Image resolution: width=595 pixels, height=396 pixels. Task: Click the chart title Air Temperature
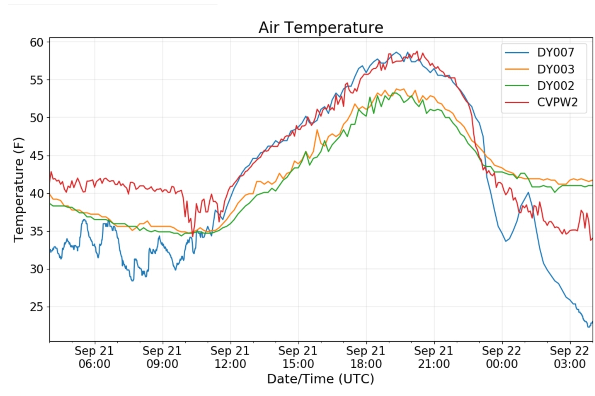pos(321,27)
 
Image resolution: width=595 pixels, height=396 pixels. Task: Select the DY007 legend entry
pos(555,53)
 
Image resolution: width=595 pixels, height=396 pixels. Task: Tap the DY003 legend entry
pos(555,69)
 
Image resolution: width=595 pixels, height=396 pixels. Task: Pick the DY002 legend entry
pos(555,86)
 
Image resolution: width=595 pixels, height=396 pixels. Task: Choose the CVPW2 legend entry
pos(557,102)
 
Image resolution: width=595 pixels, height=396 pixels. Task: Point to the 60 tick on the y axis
pos(36,42)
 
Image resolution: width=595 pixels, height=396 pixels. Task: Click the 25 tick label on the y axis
pos(36,307)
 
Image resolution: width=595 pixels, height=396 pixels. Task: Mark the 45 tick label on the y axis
pos(36,156)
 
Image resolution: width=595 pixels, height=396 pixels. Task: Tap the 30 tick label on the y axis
pos(36,269)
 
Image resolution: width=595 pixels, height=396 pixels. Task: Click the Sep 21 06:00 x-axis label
pos(94,357)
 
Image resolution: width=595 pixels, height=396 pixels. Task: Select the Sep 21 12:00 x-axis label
pos(230,357)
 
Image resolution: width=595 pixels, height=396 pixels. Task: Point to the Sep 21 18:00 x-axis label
pos(366,357)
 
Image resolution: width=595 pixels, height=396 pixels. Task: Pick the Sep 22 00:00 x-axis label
pos(501,357)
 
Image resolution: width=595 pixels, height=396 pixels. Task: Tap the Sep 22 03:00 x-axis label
pos(569,357)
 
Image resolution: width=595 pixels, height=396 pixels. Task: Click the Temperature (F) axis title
pos(19,190)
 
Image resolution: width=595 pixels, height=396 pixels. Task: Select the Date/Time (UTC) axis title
pos(320,379)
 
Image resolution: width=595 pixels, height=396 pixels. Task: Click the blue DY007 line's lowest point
pos(588,327)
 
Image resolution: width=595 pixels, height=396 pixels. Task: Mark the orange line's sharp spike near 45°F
pos(317,130)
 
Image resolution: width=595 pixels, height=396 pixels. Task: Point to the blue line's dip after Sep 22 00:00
pos(506,241)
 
